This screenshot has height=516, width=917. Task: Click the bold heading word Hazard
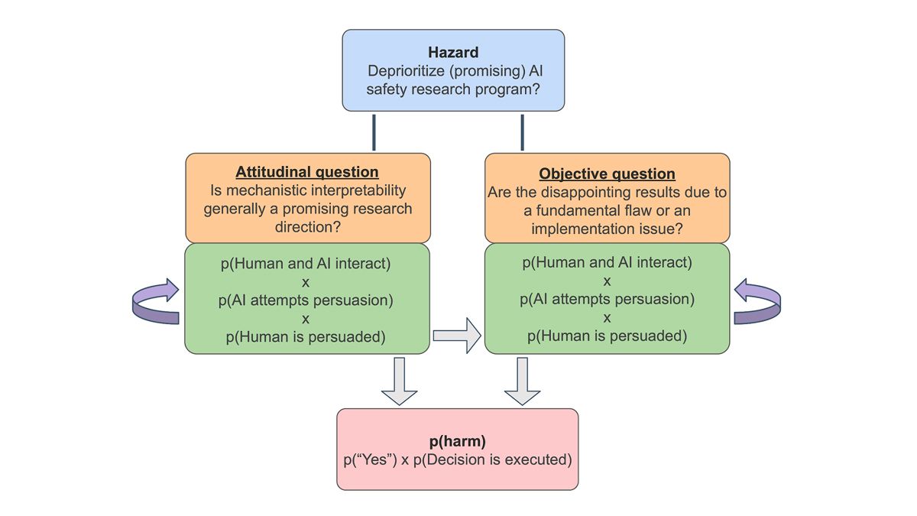click(x=453, y=53)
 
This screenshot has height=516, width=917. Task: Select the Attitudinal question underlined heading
click(x=307, y=172)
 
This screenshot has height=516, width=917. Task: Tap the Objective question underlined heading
click(x=607, y=174)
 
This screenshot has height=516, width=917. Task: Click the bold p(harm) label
click(x=457, y=441)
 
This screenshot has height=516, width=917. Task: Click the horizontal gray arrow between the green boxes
click(x=457, y=336)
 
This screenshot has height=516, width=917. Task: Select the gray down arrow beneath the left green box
click(x=399, y=381)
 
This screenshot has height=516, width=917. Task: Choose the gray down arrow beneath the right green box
click(x=522, y=381)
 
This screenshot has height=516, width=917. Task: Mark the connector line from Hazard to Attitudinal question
click(x=374, y=132)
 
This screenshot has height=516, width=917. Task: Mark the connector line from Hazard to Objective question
click(x=522, y=132)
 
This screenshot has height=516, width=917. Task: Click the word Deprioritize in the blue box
click(x=406, y=71)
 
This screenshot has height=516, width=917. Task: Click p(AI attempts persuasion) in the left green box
click(x=306, y=300)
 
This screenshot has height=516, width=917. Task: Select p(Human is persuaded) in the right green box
click(x=607, y=336)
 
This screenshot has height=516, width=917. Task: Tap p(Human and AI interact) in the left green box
click(x=306, y=263)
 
